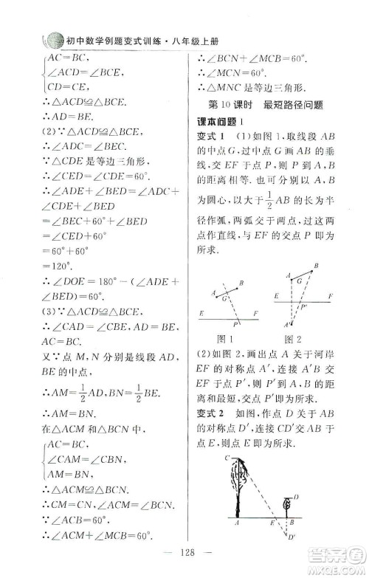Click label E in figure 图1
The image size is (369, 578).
click(x=201, y=314)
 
